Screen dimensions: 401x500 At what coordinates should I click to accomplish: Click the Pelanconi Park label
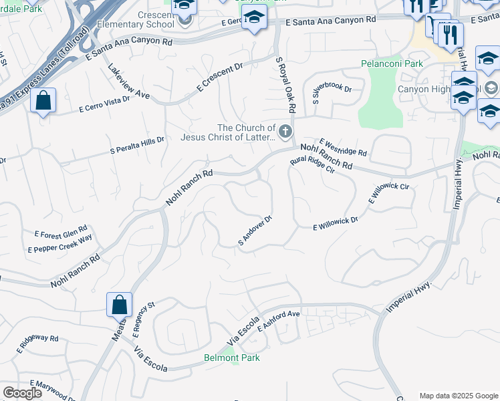[x=392, y=64]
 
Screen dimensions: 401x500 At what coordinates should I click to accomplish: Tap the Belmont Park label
[x=232, y=358]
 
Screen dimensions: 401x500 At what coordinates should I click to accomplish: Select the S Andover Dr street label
[x=255, y=230]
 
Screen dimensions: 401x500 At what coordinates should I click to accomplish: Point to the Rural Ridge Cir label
[x=311, y=166]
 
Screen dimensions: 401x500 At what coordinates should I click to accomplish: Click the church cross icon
[x=286, y=131]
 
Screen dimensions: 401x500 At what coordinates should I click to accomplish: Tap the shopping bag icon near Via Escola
[x=119, y=305]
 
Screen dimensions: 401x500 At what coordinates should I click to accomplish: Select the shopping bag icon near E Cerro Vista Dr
[x=43, y=102]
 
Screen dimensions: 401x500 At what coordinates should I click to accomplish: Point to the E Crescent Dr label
[x=219, y=79]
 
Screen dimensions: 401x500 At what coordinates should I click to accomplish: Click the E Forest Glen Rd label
[x=61, y=235]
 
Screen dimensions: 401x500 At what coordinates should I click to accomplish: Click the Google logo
[x=22, y=393]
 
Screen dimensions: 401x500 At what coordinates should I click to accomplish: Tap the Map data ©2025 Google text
[x=458, y=395]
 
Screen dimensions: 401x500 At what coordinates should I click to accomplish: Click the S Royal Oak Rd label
[x=285, y=84]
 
